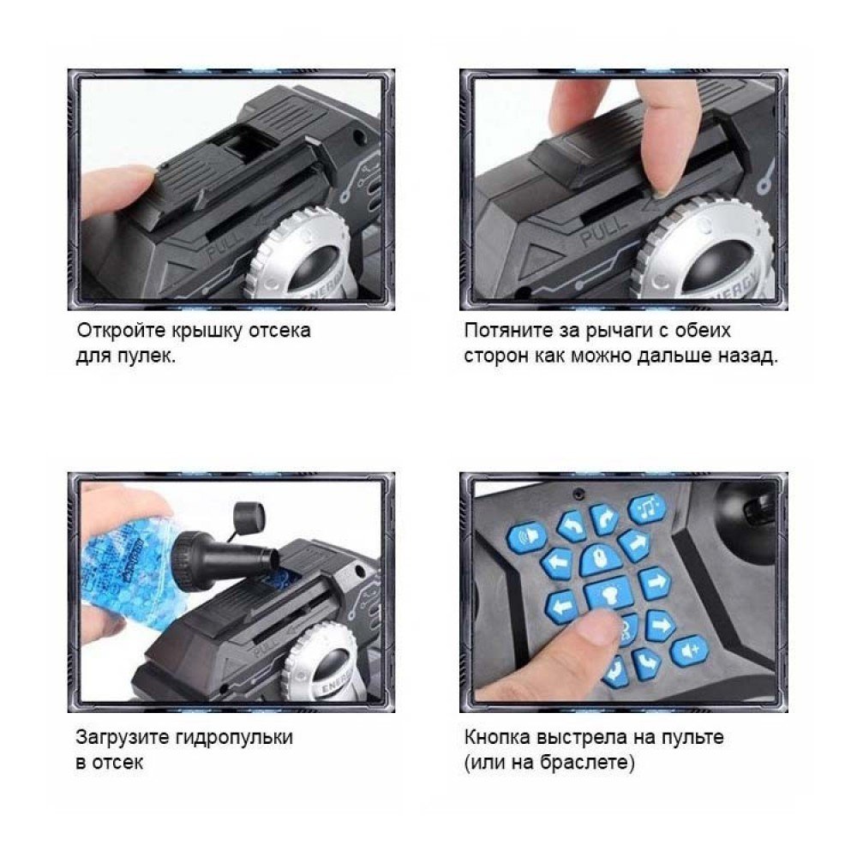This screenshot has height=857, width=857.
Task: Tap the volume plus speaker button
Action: (690, 651)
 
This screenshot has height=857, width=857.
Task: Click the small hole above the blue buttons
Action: (577, 494)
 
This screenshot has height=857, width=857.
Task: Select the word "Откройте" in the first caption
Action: (120, 331)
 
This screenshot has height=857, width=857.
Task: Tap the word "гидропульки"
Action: (234, 737)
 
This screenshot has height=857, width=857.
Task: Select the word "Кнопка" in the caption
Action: (497, 737)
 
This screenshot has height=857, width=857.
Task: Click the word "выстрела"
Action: (582, 737)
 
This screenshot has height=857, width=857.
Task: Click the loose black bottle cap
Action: (249, 514)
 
